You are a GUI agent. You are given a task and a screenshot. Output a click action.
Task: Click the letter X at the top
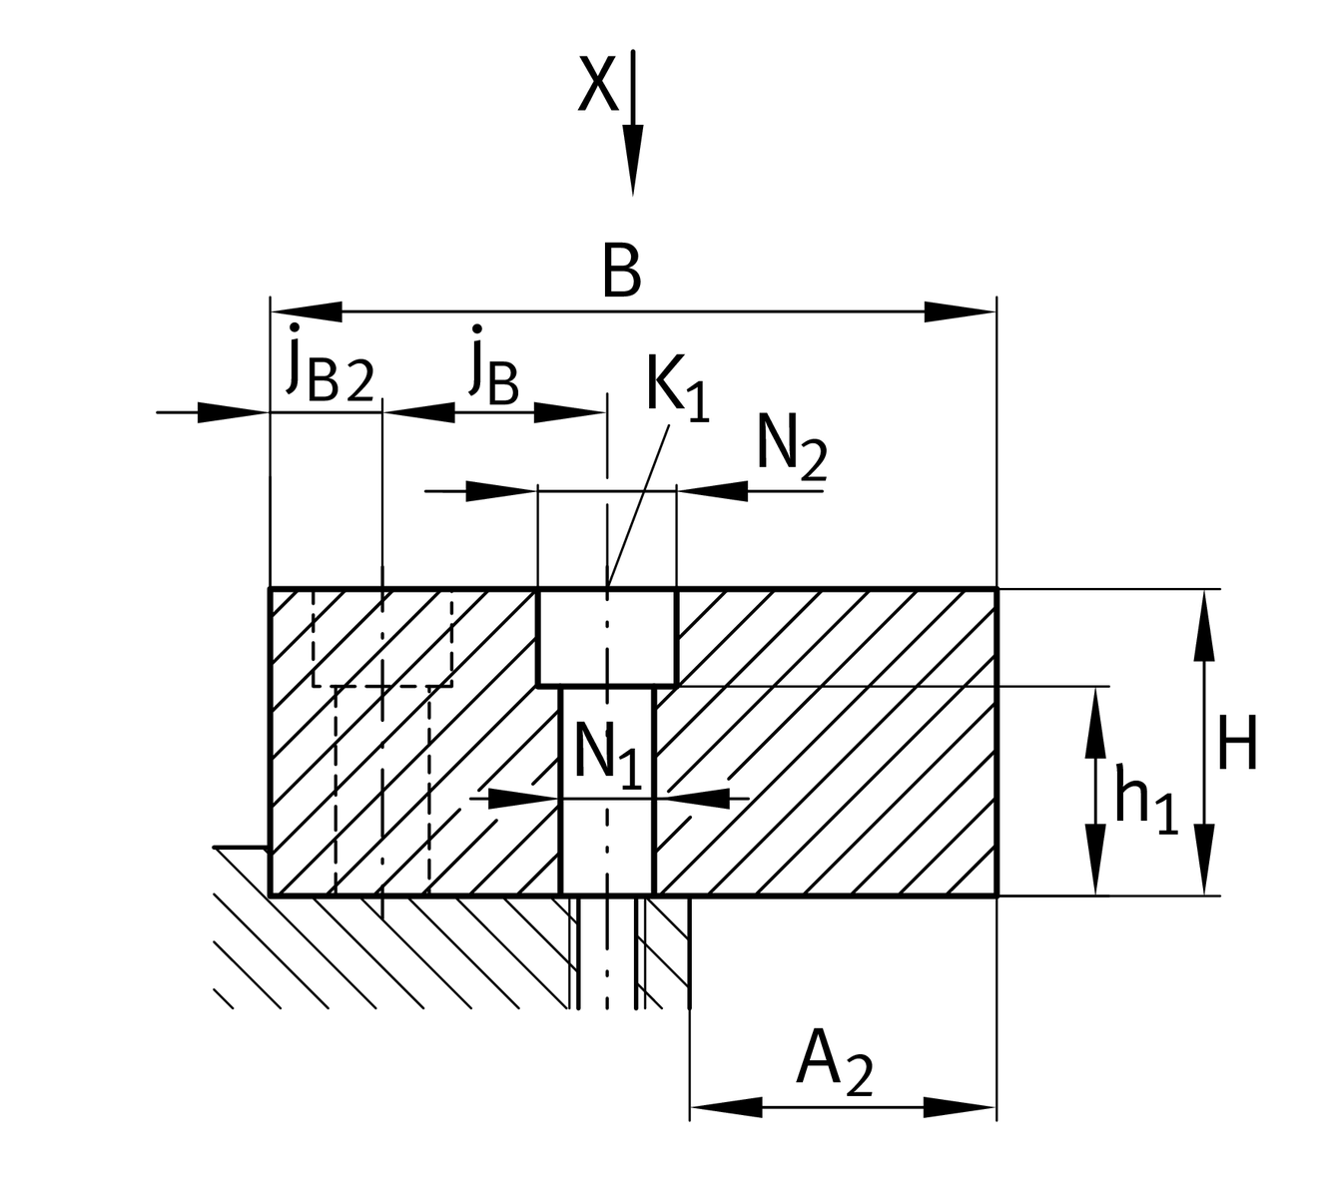point(598,84)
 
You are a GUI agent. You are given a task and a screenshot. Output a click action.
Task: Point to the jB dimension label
point(492,367)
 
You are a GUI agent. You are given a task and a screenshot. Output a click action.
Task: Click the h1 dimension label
point(1143,799)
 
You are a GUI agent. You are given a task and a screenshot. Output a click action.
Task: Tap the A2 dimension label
point(834,1062)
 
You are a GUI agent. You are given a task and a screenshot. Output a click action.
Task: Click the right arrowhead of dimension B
point(961,311)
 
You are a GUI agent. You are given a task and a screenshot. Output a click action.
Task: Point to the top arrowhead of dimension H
point(1205,624)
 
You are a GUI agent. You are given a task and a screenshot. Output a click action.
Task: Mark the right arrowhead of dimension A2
point(961,1106)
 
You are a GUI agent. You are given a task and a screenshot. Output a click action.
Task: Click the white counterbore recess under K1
point(607,637)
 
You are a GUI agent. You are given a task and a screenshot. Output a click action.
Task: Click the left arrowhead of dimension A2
point(725,1106)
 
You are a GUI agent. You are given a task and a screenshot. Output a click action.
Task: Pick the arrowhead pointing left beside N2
point(712,490)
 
